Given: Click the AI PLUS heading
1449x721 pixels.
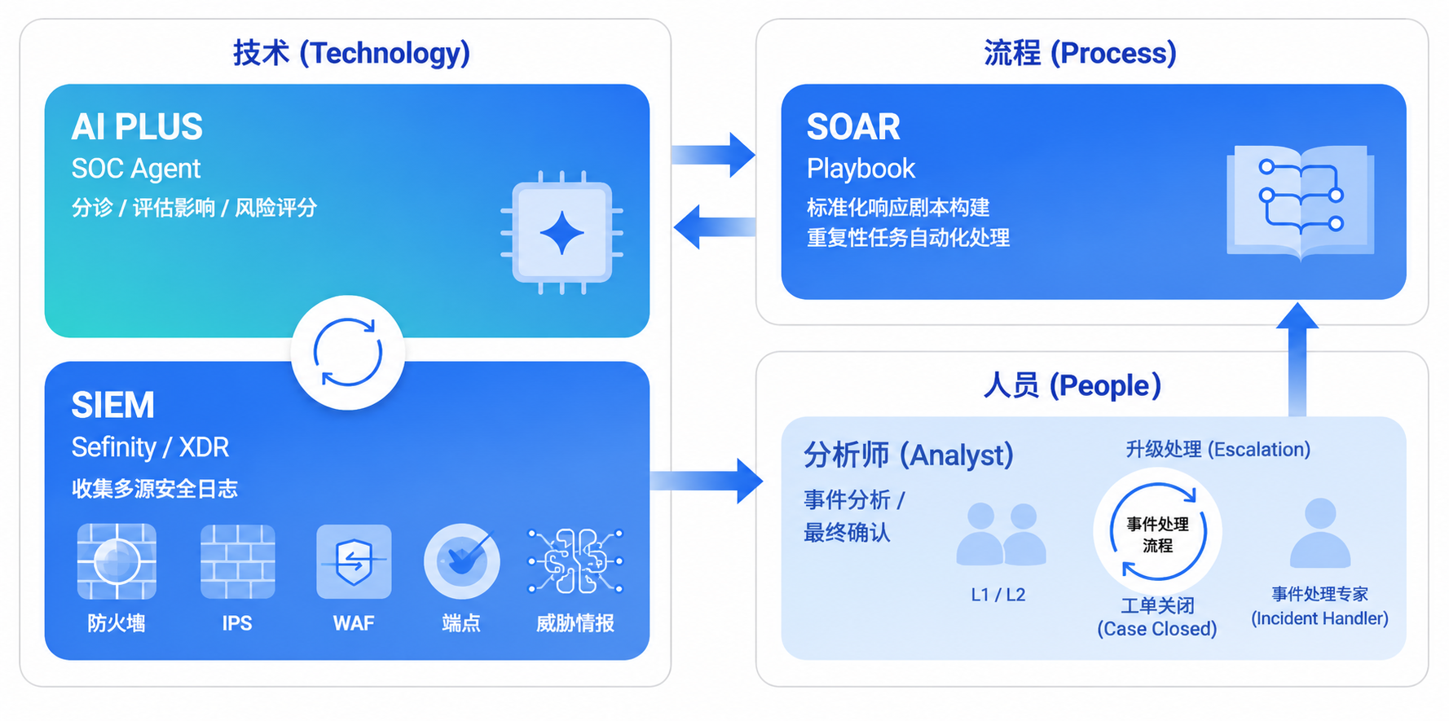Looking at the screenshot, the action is click(137, 127).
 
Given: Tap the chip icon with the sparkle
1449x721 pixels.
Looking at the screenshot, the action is click(562, 233).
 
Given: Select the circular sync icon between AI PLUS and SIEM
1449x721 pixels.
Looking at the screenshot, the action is click(348, 353).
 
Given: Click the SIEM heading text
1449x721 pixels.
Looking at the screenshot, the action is click(112, 405).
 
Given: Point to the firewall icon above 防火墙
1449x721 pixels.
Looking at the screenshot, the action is click(117, 561).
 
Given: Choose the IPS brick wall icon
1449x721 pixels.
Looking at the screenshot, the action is click(237, 561).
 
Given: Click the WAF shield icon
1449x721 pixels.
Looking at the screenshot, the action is click(354, 561).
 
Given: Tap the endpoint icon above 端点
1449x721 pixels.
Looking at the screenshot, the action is click(462, 561).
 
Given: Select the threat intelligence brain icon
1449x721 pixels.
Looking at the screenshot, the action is click(575, 561).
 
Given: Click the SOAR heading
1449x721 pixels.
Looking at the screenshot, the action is click(853, 127).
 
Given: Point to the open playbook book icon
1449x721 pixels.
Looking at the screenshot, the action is click(1301, 202).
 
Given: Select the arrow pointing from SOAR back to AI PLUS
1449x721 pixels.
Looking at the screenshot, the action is click(715, 226).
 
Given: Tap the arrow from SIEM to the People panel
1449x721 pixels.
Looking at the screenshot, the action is click(706, 481).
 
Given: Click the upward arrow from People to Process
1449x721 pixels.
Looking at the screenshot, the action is click(1297, 359).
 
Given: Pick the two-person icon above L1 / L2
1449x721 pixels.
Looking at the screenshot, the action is click(1001, 534).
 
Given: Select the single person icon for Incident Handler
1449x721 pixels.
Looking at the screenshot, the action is click(1320, 533).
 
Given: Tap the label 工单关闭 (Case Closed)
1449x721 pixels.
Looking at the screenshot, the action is click(1157, 617).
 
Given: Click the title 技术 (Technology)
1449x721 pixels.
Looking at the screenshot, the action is click(352, 53).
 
